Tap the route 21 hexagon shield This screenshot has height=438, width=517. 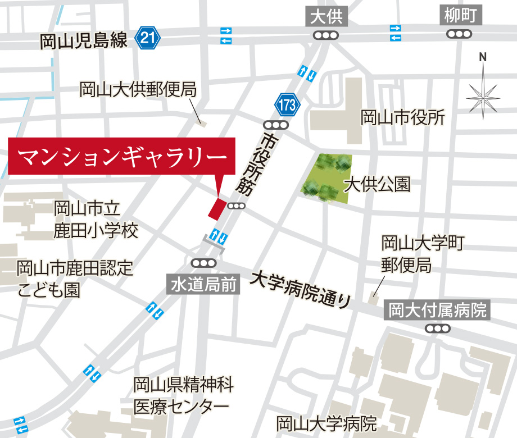tap(148, 39)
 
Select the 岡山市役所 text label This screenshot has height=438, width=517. tap(402, 118)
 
